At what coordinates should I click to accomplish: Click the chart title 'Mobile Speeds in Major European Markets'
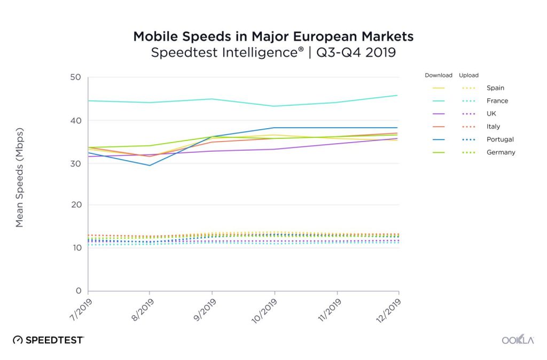(273, 36)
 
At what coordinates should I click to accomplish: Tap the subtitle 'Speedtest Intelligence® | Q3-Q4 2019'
(273, 53)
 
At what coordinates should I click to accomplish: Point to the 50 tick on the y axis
(75, 77)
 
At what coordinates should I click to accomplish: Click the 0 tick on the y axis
(77, 291)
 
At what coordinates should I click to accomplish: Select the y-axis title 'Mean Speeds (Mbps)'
(20, 177)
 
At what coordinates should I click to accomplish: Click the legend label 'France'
(497, 101)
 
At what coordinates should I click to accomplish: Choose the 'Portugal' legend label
(500, 139)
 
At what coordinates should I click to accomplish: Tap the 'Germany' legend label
(501, 152)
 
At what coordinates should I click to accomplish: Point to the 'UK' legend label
(491, 114)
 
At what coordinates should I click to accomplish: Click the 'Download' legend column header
(439, 75)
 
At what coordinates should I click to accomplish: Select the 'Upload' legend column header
(468, 75)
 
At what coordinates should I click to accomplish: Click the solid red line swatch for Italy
(439, 127)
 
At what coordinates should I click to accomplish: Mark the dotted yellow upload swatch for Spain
(468, 88)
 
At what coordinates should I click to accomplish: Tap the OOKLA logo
(518, 340)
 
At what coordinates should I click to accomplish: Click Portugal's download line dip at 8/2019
(150, 165)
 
